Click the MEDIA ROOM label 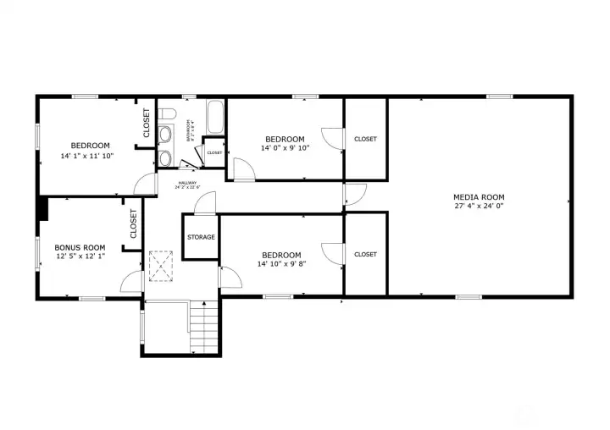point(479,197)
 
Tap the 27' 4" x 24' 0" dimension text point(479,207)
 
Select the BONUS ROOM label point(80,247)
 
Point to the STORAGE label point(201,238)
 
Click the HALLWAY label point(186,183)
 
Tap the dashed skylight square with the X point(160,265)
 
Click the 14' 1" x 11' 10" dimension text point(86,156)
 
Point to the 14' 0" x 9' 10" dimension point(285,148)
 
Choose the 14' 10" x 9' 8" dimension point(281,264)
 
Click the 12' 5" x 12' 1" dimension point(80,256)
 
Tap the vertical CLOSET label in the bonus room point(134,224)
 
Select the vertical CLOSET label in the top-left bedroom point(146,123)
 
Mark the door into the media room point(354,194)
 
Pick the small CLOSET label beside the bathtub point(214,153)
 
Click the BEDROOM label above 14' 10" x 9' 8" point(281,255)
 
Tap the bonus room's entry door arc point(132,282)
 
